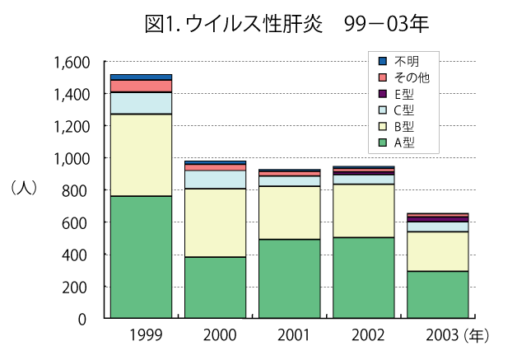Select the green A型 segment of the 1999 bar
pos(141,257)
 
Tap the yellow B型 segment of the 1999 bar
pos(141,155)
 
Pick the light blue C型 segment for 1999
pos(141,103)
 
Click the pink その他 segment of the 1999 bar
pos(141,86)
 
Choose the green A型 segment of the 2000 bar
pos(215,288)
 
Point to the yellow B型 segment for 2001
pos(289,213)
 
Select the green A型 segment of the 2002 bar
pos(363,278)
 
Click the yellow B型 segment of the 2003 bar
pos(437,251)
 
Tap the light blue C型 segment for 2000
pos(215,180)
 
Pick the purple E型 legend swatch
pos(383,94)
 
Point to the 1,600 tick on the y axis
pos(72,63)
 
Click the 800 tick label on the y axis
pos(81,190)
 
